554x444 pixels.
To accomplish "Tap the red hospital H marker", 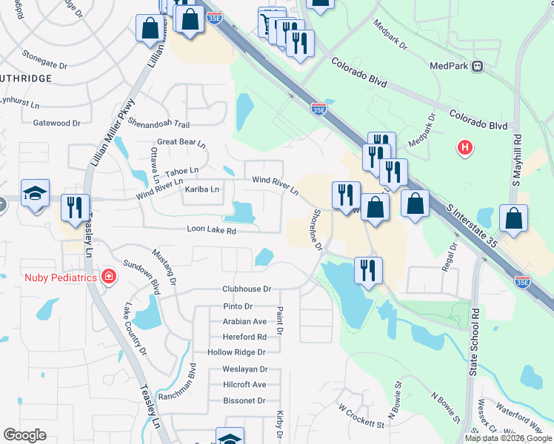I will (465, 148).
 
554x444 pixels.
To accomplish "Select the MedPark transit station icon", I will (478, 66).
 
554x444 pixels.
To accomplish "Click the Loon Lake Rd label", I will (211, 231).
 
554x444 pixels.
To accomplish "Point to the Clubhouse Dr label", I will (247, 289).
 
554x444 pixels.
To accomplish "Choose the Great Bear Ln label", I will (181, 142).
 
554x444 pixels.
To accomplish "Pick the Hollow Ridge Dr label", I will (236, 352).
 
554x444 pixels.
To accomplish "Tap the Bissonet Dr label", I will (244, 400).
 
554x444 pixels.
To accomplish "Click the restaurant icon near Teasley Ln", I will (75, 208).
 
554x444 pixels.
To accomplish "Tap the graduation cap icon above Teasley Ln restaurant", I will (35, 194).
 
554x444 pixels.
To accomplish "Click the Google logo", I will (24, 435).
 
